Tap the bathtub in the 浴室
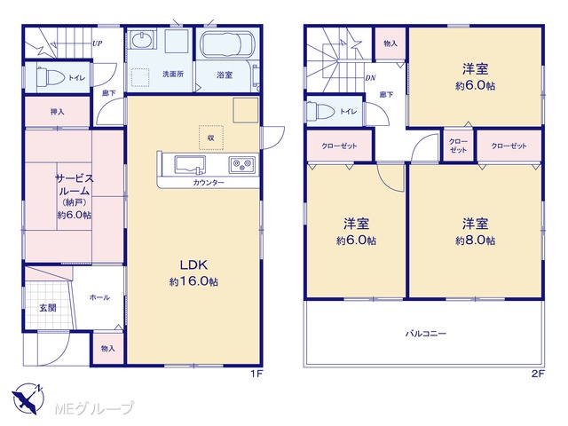[227, 45]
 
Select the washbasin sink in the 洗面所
[142, 40]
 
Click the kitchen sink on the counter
[190, 165]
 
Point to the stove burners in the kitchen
[241, 164]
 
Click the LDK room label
[193, 264]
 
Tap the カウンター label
[209, 183]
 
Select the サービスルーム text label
[75, 185]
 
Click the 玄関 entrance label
[47, 308]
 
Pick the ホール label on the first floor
[99, 297]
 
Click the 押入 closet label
[57, 112]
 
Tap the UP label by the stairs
[97, 43]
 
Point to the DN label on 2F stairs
[370, 78]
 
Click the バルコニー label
[426, 334]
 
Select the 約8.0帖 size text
[475, 241]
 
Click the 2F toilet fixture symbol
[320, 110]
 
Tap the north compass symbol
[28, 398]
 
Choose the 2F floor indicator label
[538, 374]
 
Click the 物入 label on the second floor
[390, 43]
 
